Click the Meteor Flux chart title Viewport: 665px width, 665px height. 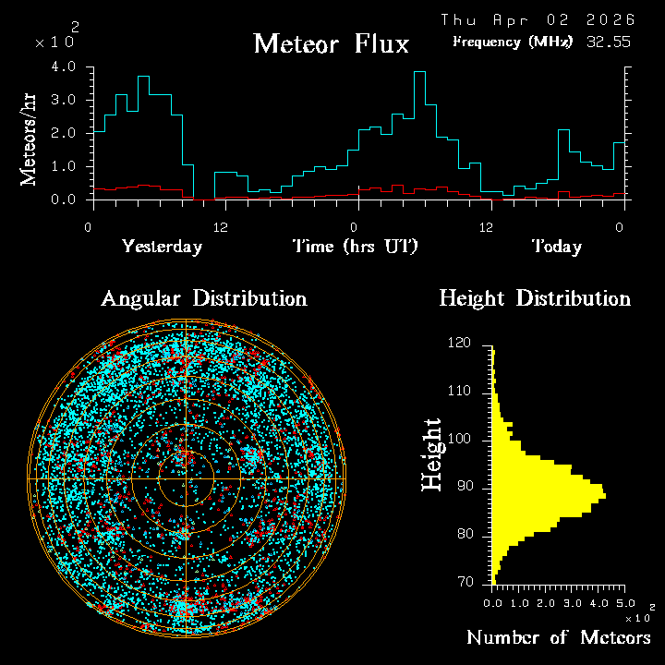click(x=331, y=43)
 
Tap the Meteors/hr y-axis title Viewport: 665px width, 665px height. click(x=30, y=139)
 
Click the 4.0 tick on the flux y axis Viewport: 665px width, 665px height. click(x=64, y=67)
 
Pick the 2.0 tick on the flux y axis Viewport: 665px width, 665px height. click(x=64, y=133)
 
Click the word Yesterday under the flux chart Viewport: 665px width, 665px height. click(x=162, y=247)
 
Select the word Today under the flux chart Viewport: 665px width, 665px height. click(x=556, y=247)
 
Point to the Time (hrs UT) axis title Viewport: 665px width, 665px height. click(x=356, y=247)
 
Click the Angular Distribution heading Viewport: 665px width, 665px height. click(x=203, y=298)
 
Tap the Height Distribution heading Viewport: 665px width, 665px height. click(x=535, y=298)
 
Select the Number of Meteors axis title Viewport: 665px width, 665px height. click(x=558, y=638)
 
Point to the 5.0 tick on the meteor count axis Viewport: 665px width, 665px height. click(x=626, y=602)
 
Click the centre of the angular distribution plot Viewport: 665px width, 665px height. click(x=186, y=478)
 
